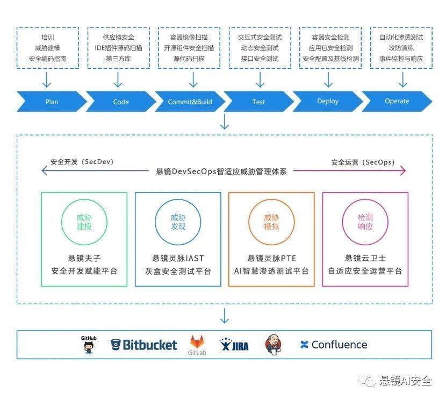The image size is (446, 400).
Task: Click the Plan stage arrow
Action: [52, 101]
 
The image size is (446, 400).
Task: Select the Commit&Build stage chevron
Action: [190, 101]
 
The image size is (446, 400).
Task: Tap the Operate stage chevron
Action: [397, 101]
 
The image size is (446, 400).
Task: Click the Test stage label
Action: [258, 101]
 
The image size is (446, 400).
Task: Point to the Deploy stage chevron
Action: [328, 101]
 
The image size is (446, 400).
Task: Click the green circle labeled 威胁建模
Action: [84, 222]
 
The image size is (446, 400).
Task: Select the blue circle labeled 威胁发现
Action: [178, 222]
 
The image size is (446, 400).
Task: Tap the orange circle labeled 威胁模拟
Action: [271, 222]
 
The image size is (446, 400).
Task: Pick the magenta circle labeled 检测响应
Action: [365, 222]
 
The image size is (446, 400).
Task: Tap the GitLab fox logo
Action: [197, 345]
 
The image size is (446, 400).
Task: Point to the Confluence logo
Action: [334, 345]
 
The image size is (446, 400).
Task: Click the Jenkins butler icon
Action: [274, 345]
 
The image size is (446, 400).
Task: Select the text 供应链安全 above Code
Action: [118, 38]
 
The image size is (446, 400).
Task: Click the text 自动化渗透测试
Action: [401, 38]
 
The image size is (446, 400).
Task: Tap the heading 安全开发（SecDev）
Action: [82, 162]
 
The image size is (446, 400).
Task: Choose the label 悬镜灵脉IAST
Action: [178, 258]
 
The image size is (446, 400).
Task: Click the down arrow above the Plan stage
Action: [47, 80]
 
